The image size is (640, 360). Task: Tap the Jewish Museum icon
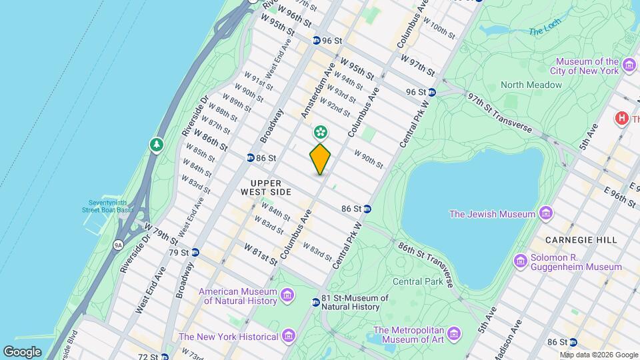547,214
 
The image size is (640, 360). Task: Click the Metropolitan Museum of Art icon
454,332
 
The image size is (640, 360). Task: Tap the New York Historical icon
288,335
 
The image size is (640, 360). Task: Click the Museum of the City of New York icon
629,65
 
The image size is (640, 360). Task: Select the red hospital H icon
622,118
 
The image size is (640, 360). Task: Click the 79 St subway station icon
195,253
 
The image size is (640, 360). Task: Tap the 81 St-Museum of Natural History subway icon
316,303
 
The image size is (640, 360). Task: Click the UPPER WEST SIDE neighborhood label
271,187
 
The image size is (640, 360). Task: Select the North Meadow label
531,85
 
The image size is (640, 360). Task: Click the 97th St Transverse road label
499,113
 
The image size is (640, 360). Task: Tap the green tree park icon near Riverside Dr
157,144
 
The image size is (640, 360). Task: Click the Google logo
23,351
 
